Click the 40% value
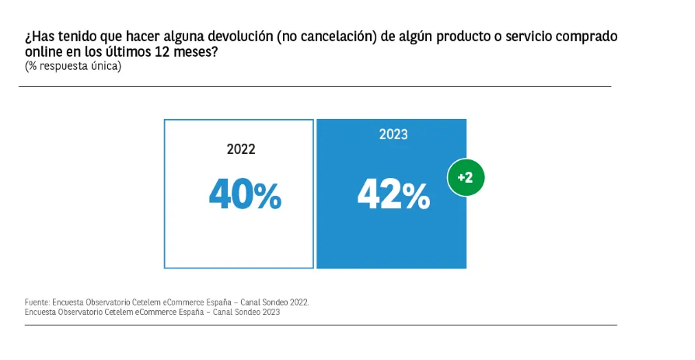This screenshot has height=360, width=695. [245, 195]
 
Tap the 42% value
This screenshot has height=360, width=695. [393, 195]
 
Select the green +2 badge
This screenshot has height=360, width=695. [466, 177]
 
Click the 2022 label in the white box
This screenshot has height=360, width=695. [241, 149]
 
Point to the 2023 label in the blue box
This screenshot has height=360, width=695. [393, 135]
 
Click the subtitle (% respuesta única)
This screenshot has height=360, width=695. [73, 67]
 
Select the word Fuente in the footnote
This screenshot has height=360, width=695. [37, 302]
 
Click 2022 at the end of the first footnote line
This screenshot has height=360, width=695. [299, 302]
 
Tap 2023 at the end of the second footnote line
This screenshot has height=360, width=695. [271, 312]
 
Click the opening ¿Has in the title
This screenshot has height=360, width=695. [37, 37]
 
